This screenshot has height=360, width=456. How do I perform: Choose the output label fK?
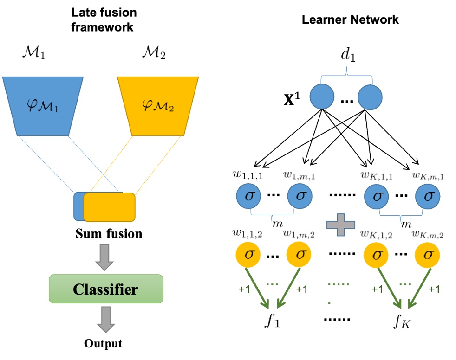(x=400, y=320)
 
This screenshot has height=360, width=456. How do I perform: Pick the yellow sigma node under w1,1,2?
(x=249, y=254)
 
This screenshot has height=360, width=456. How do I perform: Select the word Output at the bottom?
(x=104, y=344)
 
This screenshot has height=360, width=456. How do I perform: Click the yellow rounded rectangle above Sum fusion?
(x=110, y=207)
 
